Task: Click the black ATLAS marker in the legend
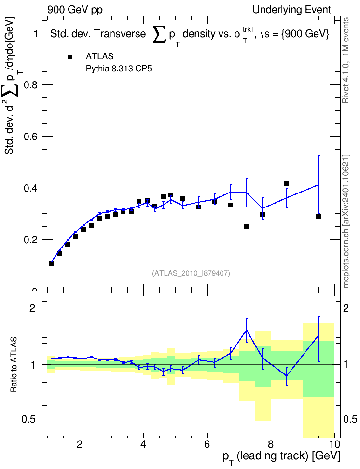tap(70, 57)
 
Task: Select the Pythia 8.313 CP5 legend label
tap(119, 69)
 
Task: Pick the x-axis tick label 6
tap(207, 444)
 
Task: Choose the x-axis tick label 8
tap(271, 444)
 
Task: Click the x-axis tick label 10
tap(334, 444)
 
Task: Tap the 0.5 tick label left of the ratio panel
tap(29, 420)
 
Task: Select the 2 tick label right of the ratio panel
tap(346, 308)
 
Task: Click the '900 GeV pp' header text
tap(75, 10)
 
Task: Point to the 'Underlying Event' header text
tap(292, 10)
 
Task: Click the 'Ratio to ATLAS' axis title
tap(14, 365)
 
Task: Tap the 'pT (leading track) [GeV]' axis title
tap(281, 456)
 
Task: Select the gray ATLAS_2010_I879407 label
tap(191, 273)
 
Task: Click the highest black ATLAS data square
tap(286, 183)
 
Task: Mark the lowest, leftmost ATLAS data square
tap(52, 263)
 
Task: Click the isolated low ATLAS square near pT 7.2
tap(247, 227)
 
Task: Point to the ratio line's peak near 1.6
tap(247, 330)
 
